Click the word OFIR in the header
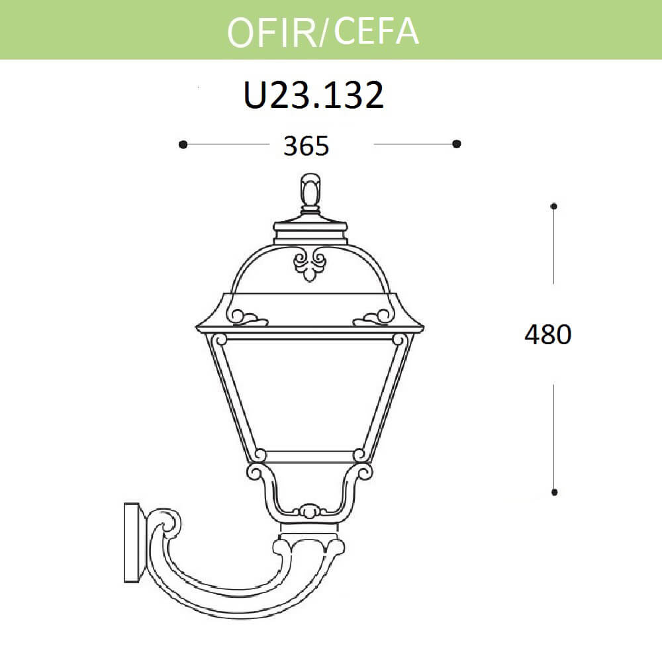(x=272, y=31)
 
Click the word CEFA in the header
(x=376, y=30)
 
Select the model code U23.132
(x=314, y=96)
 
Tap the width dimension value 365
(x=306, y=146)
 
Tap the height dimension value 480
(x=547, y=335)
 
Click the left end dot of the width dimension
(x=183, y=144)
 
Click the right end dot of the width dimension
(x=456, y=144)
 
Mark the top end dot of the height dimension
(x=554, y=206)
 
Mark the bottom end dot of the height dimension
(x=554, y=493)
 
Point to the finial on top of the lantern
(x=310, y=191)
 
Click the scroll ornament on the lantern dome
(x=310, y=263)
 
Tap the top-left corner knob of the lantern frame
(x=220, y=340)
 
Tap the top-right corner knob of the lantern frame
(x=399, y=340)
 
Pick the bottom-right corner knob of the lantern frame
(x=359, y=455)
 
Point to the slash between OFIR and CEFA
(x=323, y=33)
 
